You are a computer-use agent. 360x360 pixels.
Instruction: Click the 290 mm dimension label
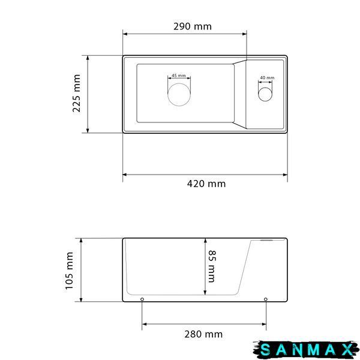coord(193,26)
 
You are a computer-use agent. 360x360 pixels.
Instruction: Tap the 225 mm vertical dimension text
coord(76,93)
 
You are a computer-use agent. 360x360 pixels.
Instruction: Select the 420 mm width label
coord(206,184)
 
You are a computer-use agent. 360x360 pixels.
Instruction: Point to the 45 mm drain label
coord(179,76)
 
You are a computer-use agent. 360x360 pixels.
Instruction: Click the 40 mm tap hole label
coord(267,77)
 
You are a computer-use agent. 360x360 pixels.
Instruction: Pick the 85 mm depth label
coord(212,266)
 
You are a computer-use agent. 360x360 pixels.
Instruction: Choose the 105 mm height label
coord(69,271)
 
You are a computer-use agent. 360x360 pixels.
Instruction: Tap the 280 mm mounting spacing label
coord(203,334)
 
